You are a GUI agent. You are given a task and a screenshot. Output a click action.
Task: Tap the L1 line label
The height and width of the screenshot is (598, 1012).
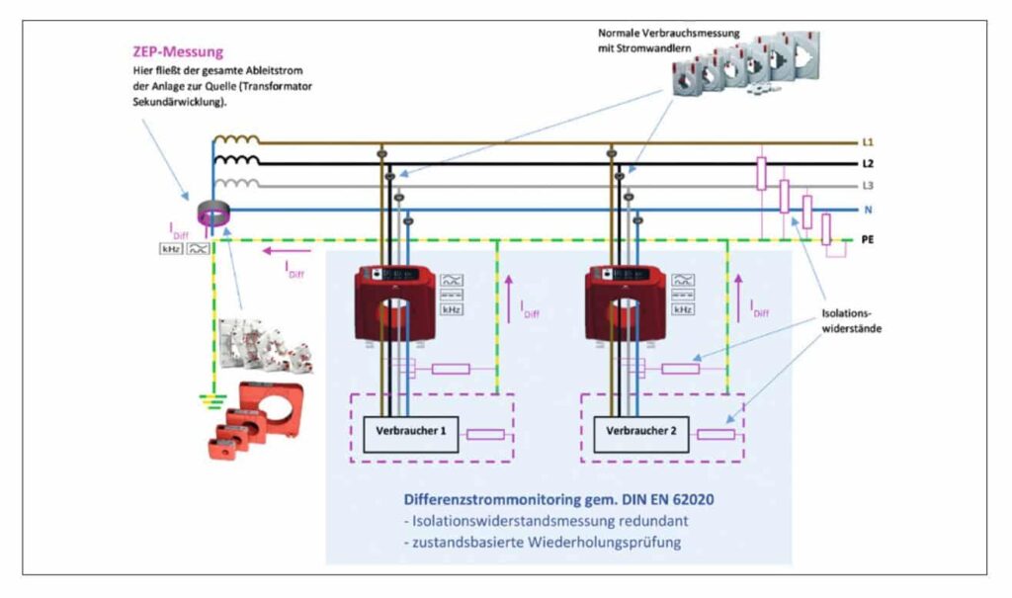tap(868, 142)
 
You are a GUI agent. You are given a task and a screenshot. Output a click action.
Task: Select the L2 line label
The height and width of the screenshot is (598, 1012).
tap(868, 164)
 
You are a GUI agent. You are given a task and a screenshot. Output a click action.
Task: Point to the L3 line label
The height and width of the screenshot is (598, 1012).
tap(868, 186)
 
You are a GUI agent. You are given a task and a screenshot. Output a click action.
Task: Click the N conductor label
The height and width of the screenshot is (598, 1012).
tap(868, 210)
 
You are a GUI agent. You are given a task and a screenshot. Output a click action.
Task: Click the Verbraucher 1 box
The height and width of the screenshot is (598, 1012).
tap(411, 432)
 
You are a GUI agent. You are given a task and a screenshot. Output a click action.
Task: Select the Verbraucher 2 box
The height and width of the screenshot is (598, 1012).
tap(641, 432)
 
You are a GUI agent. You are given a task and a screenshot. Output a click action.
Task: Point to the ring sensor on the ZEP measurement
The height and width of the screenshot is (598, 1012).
tap(212, 213)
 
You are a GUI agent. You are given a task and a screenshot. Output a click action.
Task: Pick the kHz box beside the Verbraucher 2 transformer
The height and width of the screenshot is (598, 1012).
tap(683, 309)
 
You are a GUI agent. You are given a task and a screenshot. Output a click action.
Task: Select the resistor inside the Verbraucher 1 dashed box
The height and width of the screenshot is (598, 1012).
tap(485, 434)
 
